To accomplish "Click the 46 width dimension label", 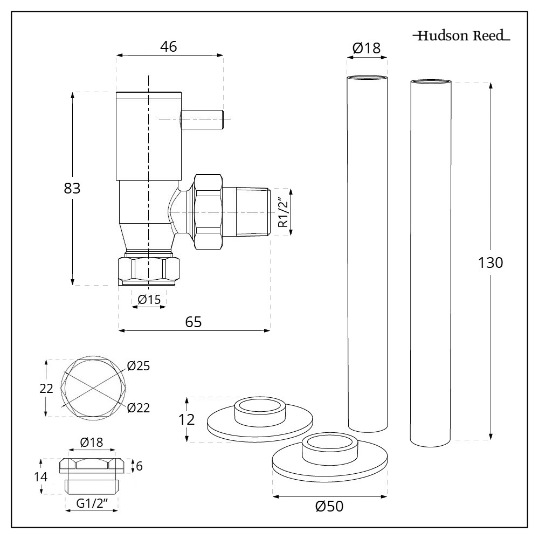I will [x=169, y=47].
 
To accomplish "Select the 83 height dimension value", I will [x=72, y=189].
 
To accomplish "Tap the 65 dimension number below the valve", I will [x=194, y=322].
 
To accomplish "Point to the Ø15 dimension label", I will [x=149, y=299].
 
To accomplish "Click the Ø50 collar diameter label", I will [x=329, y=507].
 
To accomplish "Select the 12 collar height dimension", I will [x=186, y=420].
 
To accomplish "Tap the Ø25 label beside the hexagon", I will [x=139, y=367].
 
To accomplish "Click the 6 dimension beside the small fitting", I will [x=139, y=466].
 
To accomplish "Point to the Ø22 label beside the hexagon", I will [x=139, y=407].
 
